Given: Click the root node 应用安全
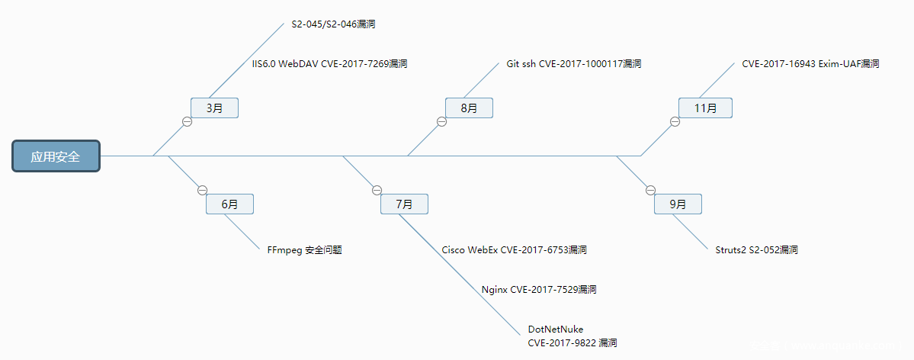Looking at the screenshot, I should click(x=56, y=156).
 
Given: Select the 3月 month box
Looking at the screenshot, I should click(x=214, y=108).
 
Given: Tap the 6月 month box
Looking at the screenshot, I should click(x=229, y=204).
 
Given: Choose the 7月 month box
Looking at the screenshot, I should click(x=404, y=204).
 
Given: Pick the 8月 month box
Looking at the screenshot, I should click(x=469, y=108).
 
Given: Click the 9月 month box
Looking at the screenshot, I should click(x=678, y=204).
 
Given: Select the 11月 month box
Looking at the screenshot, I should click(x=705, y=108).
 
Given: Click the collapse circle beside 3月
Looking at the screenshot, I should click(x=187, y=121).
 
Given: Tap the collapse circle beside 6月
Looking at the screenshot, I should click(x=202, y=190).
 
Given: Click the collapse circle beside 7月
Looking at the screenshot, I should click(x=377, y=190).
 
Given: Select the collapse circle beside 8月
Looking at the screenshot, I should click(x=441, y=121).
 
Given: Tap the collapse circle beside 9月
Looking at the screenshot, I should click(x=650, y=190).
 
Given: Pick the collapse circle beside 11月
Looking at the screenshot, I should click(x=675, y=121).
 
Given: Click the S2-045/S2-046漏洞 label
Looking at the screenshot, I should click(x=333, y=24).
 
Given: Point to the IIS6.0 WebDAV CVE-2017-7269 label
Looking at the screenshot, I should click(x=329, y=64).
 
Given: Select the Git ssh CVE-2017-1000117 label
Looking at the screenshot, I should click(x=573, y=64).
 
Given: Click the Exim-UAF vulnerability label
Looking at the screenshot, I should click(x=810, y=64).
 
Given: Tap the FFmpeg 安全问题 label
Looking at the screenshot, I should click(x=304, y=250).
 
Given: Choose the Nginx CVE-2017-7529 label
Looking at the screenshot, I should click(x=538, y=290).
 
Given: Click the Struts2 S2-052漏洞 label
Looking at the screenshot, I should click(x=756, y=250).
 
